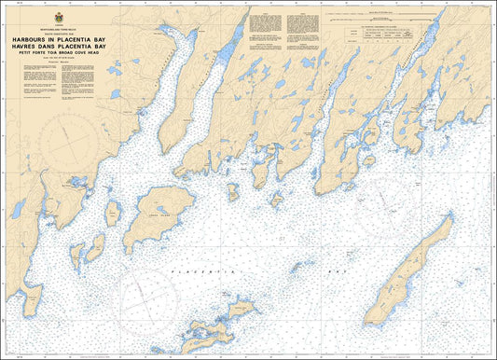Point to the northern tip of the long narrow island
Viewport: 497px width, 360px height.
point(450,218)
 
